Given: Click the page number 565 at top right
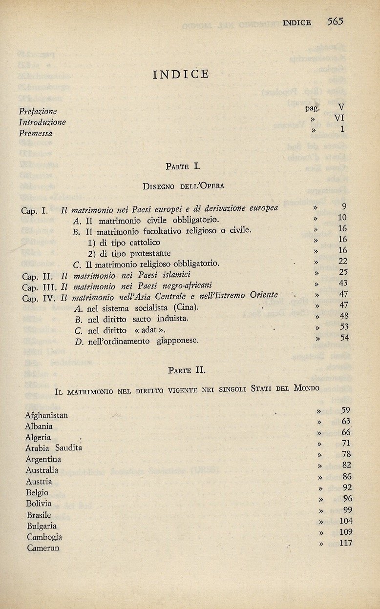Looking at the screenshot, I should [336, 21].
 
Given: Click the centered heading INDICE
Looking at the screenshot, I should [181, 74].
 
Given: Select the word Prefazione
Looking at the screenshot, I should [38, 111].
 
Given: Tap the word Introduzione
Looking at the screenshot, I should [42, 122].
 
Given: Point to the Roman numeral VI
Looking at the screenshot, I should [339, 118].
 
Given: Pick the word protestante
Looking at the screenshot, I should [148, 253].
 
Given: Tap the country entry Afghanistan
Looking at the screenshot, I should [46, 415].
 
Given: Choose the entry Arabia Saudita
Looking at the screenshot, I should [54, 448].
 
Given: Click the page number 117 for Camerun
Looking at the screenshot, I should [345, 543].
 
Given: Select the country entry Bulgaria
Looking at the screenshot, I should [42, 526].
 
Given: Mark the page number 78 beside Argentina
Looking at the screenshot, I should [346, 454].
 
